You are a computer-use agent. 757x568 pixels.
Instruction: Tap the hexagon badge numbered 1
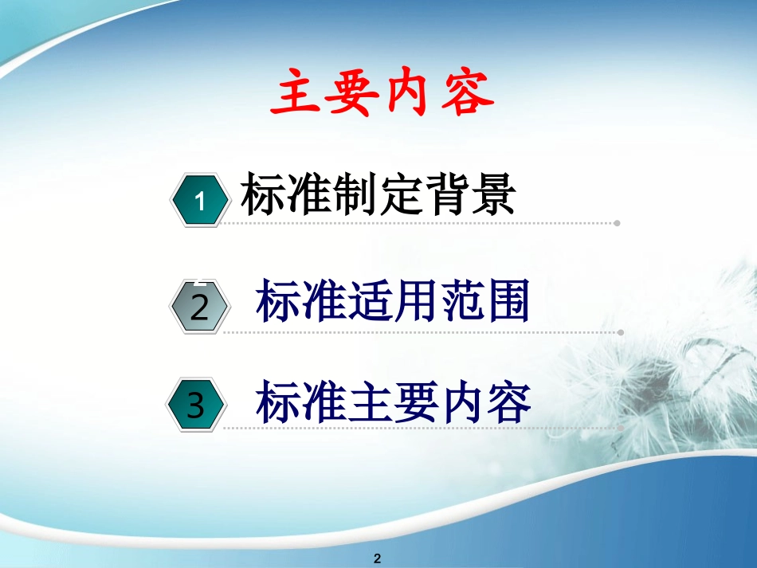(200, 202)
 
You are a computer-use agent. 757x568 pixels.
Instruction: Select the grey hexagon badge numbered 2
(200, 308)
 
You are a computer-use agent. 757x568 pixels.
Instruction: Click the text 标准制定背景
(378, 194)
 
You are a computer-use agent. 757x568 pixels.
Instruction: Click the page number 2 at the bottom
(378, 558)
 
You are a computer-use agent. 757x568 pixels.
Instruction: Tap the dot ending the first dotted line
(617, 224)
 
